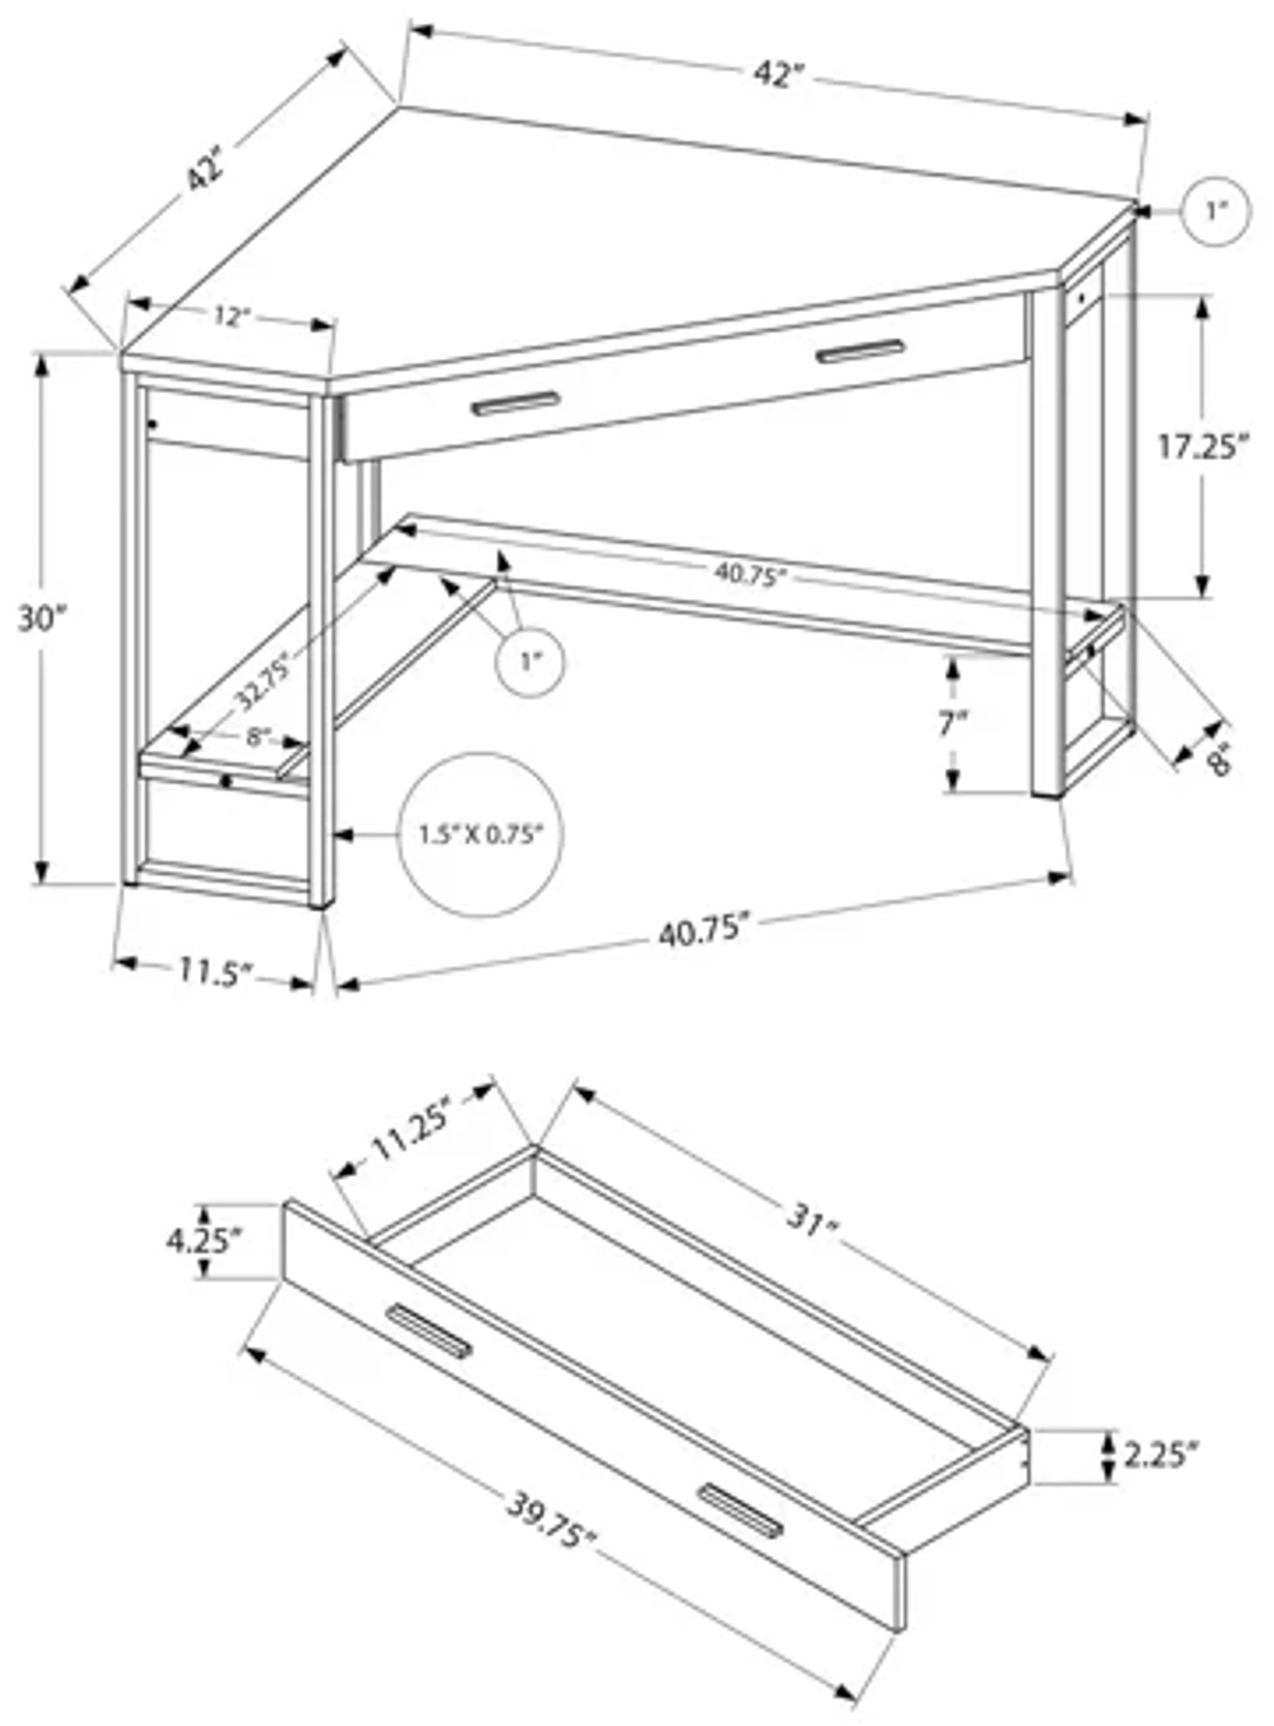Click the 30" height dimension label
pos(43,619)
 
